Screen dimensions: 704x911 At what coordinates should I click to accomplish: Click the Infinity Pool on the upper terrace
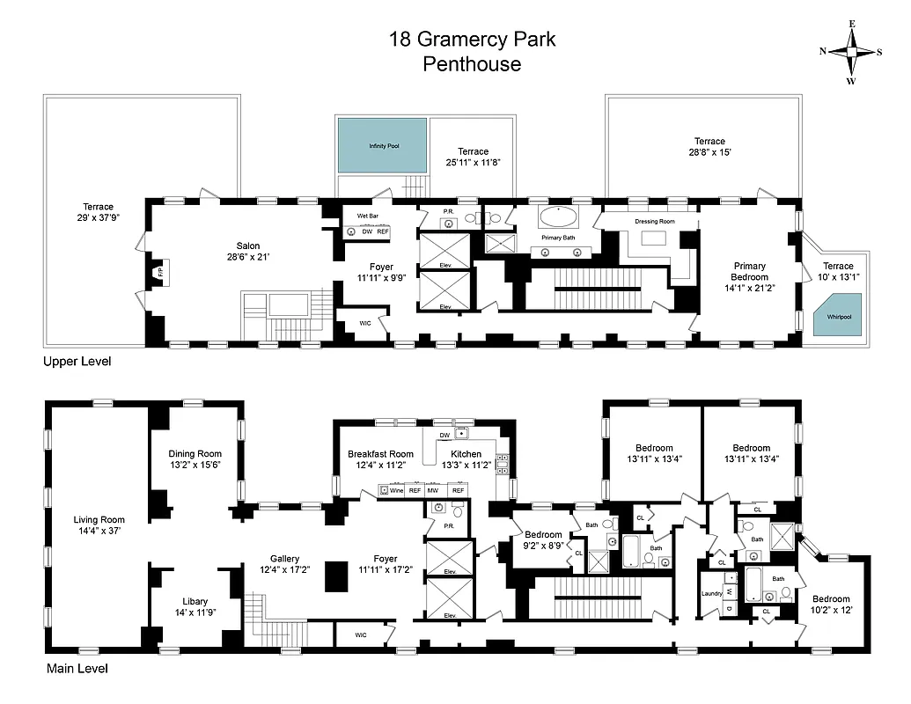(x=383, y=145)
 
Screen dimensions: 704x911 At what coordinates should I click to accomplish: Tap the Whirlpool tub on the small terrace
(x=839, y=316)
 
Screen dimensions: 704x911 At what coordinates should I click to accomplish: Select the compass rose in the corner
(x=851, y=51)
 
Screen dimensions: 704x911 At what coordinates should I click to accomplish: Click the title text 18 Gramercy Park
(x=473, y=40)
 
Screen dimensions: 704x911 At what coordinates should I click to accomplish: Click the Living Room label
(x=99, y=519)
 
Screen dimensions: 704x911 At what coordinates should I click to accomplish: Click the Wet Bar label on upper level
(x=367, y=216)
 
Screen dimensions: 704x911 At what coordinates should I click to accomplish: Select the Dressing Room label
(x=654, y=221)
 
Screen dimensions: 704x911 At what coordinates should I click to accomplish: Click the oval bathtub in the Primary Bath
(x=560, y=216)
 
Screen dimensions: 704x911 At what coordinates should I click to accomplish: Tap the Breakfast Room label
(x=380, y=454)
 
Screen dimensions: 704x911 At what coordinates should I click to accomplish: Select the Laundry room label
(x=712, y=593)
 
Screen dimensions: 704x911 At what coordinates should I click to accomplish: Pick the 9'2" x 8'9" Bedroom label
(x=543, y=534)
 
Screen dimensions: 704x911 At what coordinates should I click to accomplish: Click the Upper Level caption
(x=77, y=362)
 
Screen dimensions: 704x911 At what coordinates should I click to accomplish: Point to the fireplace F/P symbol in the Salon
(x=160, y=274)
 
